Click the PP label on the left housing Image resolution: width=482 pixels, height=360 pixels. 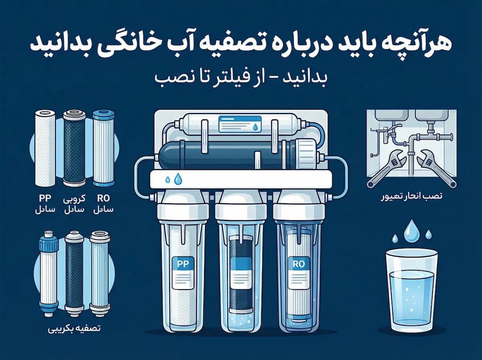(x=183, y=264)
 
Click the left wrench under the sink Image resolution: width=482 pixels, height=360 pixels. (x=387, y=171)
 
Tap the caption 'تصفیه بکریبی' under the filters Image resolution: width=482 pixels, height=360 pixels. (x=74, y=328)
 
